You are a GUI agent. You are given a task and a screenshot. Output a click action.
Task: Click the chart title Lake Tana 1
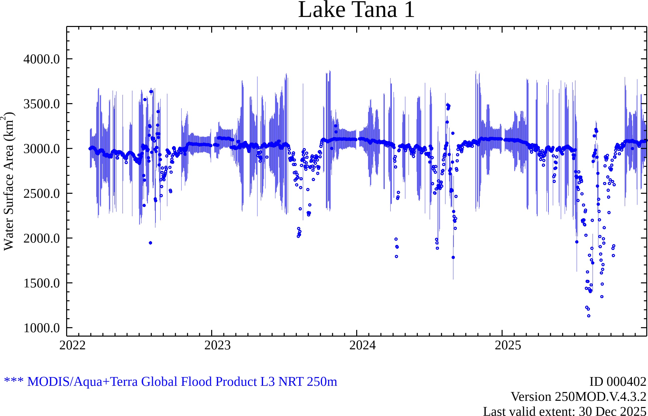pos(356,10)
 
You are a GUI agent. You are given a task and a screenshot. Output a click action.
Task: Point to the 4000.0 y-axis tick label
pos(42,59)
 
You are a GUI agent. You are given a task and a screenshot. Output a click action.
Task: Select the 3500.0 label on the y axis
pos(42,104)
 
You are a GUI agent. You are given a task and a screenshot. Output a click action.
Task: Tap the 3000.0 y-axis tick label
pos(42,149)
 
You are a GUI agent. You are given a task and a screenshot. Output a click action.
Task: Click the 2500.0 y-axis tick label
pos(42,194)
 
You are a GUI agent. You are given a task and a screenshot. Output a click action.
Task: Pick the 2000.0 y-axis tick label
pos(42,238)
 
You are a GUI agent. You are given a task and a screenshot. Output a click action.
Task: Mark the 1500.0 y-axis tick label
pos(42,283)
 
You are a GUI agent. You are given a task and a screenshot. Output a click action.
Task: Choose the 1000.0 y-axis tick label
pos(42,328)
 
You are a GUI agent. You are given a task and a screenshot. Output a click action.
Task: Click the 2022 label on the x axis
pos(72,346)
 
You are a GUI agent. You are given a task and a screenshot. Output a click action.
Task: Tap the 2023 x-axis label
pos(217,346)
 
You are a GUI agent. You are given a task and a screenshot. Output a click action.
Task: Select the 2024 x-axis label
pos(362,346)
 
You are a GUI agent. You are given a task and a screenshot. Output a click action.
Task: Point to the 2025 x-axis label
pos(508,346)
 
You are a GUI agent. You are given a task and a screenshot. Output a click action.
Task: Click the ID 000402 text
pos(618,382)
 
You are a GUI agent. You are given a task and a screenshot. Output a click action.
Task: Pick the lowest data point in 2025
pos(589,316)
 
